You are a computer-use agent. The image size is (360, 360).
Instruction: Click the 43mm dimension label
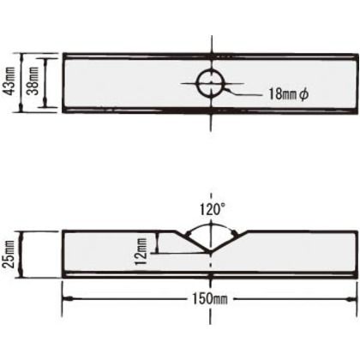(x=8, y=81)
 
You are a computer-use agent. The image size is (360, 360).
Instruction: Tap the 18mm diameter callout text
(x=288, y=93)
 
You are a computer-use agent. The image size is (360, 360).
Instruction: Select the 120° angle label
(x=212, y=210)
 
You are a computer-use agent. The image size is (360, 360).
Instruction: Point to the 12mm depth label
(x=141, y=251)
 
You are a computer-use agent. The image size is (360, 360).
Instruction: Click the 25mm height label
(x=8, y=255)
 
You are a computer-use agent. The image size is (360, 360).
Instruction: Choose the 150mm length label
(x=210, y=299)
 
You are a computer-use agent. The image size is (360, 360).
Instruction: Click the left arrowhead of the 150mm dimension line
(x=67, y=299)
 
